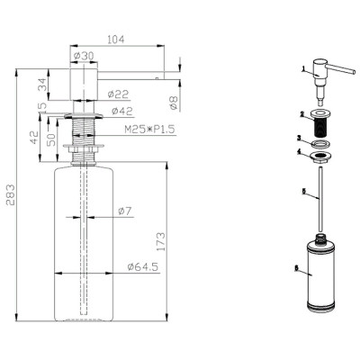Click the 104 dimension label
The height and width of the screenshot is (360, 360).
116,40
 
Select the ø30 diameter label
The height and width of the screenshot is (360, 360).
84,56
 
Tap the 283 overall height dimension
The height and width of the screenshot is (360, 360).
11,194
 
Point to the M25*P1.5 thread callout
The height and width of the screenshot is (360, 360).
149,130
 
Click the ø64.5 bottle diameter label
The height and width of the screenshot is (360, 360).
143,266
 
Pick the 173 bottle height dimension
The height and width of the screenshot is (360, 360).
160,242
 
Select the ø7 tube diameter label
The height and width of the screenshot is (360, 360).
125,211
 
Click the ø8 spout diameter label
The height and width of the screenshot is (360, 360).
175,103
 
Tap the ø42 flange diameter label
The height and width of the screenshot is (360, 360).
121,112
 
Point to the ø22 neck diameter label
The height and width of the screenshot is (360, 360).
118,94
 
